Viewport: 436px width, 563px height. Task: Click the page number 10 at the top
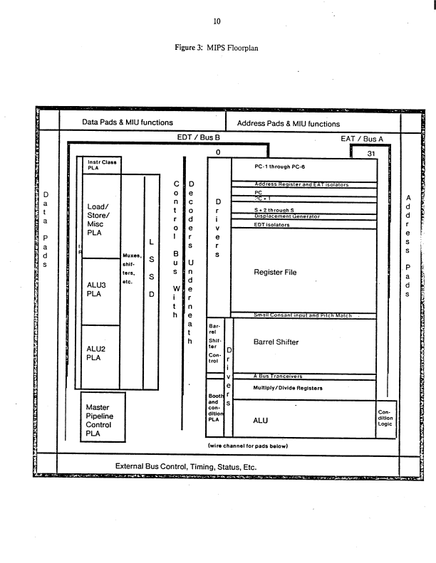(217, 21)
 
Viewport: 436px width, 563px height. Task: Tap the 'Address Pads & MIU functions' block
(288, 123)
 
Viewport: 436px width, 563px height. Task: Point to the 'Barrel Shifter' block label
(276, 342)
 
